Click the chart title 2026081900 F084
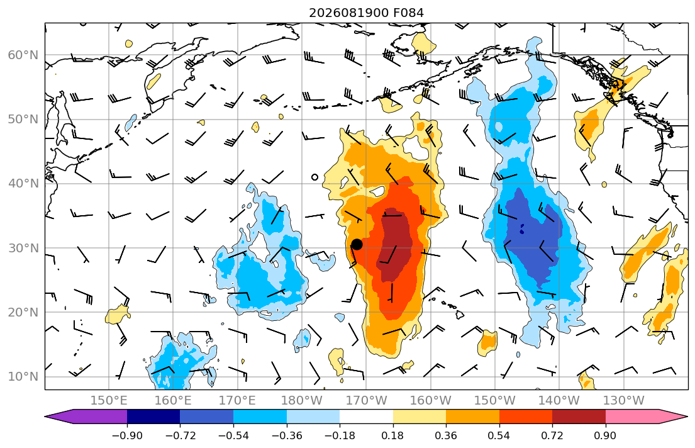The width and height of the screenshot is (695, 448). [366, 13]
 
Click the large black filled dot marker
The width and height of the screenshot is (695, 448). [357, 244]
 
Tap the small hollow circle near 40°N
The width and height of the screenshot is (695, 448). [314, 177]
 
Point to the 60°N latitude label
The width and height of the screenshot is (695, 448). [23, 55]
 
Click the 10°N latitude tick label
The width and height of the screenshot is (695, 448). [23, 377]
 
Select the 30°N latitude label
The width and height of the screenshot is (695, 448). [23, 248]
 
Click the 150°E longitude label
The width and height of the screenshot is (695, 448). [109, 401]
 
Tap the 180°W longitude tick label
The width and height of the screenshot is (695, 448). [302, 401]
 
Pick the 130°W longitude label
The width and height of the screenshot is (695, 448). [624, 401]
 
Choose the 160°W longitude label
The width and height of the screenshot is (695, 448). [430, 401]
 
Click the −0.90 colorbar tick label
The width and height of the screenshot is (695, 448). [127, 435]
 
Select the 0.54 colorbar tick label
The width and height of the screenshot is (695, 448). [499, 435]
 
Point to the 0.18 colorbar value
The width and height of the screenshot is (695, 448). [392, 435]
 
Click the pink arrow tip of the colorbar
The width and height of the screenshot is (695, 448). [686, 417]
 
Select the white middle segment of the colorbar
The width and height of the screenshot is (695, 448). [366, 417]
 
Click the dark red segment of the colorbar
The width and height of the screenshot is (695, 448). [579, 417]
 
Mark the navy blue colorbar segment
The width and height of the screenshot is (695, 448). [153, 417]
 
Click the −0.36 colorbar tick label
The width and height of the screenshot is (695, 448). [287, 435]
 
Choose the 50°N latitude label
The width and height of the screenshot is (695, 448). [23, 120]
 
